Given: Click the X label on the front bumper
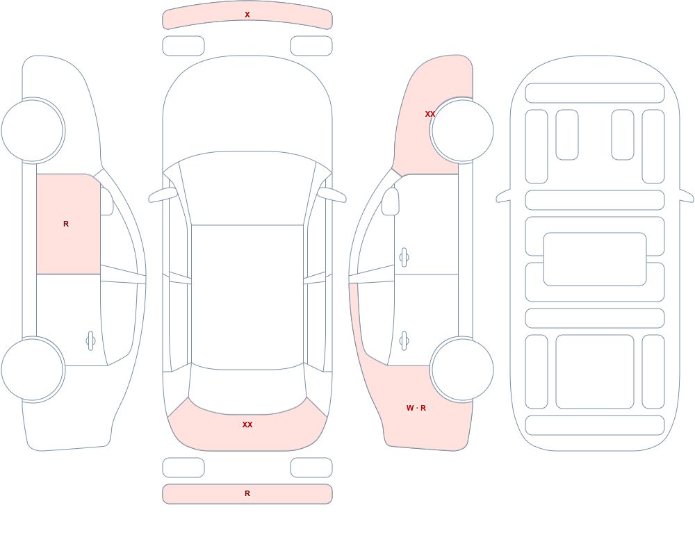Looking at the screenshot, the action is pos(247,15).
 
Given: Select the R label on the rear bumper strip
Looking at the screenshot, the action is pos(247,493).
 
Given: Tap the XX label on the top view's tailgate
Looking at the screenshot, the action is pos(247,425).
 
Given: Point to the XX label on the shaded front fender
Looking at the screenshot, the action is pos(430,114).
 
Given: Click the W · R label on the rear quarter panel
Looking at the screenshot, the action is pos(416,408).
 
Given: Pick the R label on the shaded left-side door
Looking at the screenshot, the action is pos(66,224).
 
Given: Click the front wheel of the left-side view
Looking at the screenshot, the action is pos(33,131).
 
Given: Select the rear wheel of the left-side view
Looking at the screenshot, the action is pos(33,369).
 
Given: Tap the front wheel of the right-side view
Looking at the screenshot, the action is pos(462,131).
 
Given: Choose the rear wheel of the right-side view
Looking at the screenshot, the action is pos(462,369).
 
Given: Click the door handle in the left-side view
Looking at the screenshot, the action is pos(91,341).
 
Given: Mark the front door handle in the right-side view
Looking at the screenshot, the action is pos(404,258).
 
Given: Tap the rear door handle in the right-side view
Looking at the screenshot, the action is pos(404,341).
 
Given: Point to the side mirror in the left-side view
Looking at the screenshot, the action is pos(106,202).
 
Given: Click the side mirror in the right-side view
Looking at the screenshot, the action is pos(390,202).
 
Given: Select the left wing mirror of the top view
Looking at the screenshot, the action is pos(163,195).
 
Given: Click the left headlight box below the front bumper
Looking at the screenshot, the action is pos(183,46).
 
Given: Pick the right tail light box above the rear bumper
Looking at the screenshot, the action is pos(311,468).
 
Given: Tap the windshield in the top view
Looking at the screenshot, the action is pos(247,188).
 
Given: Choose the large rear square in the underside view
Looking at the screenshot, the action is pos(595,372).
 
